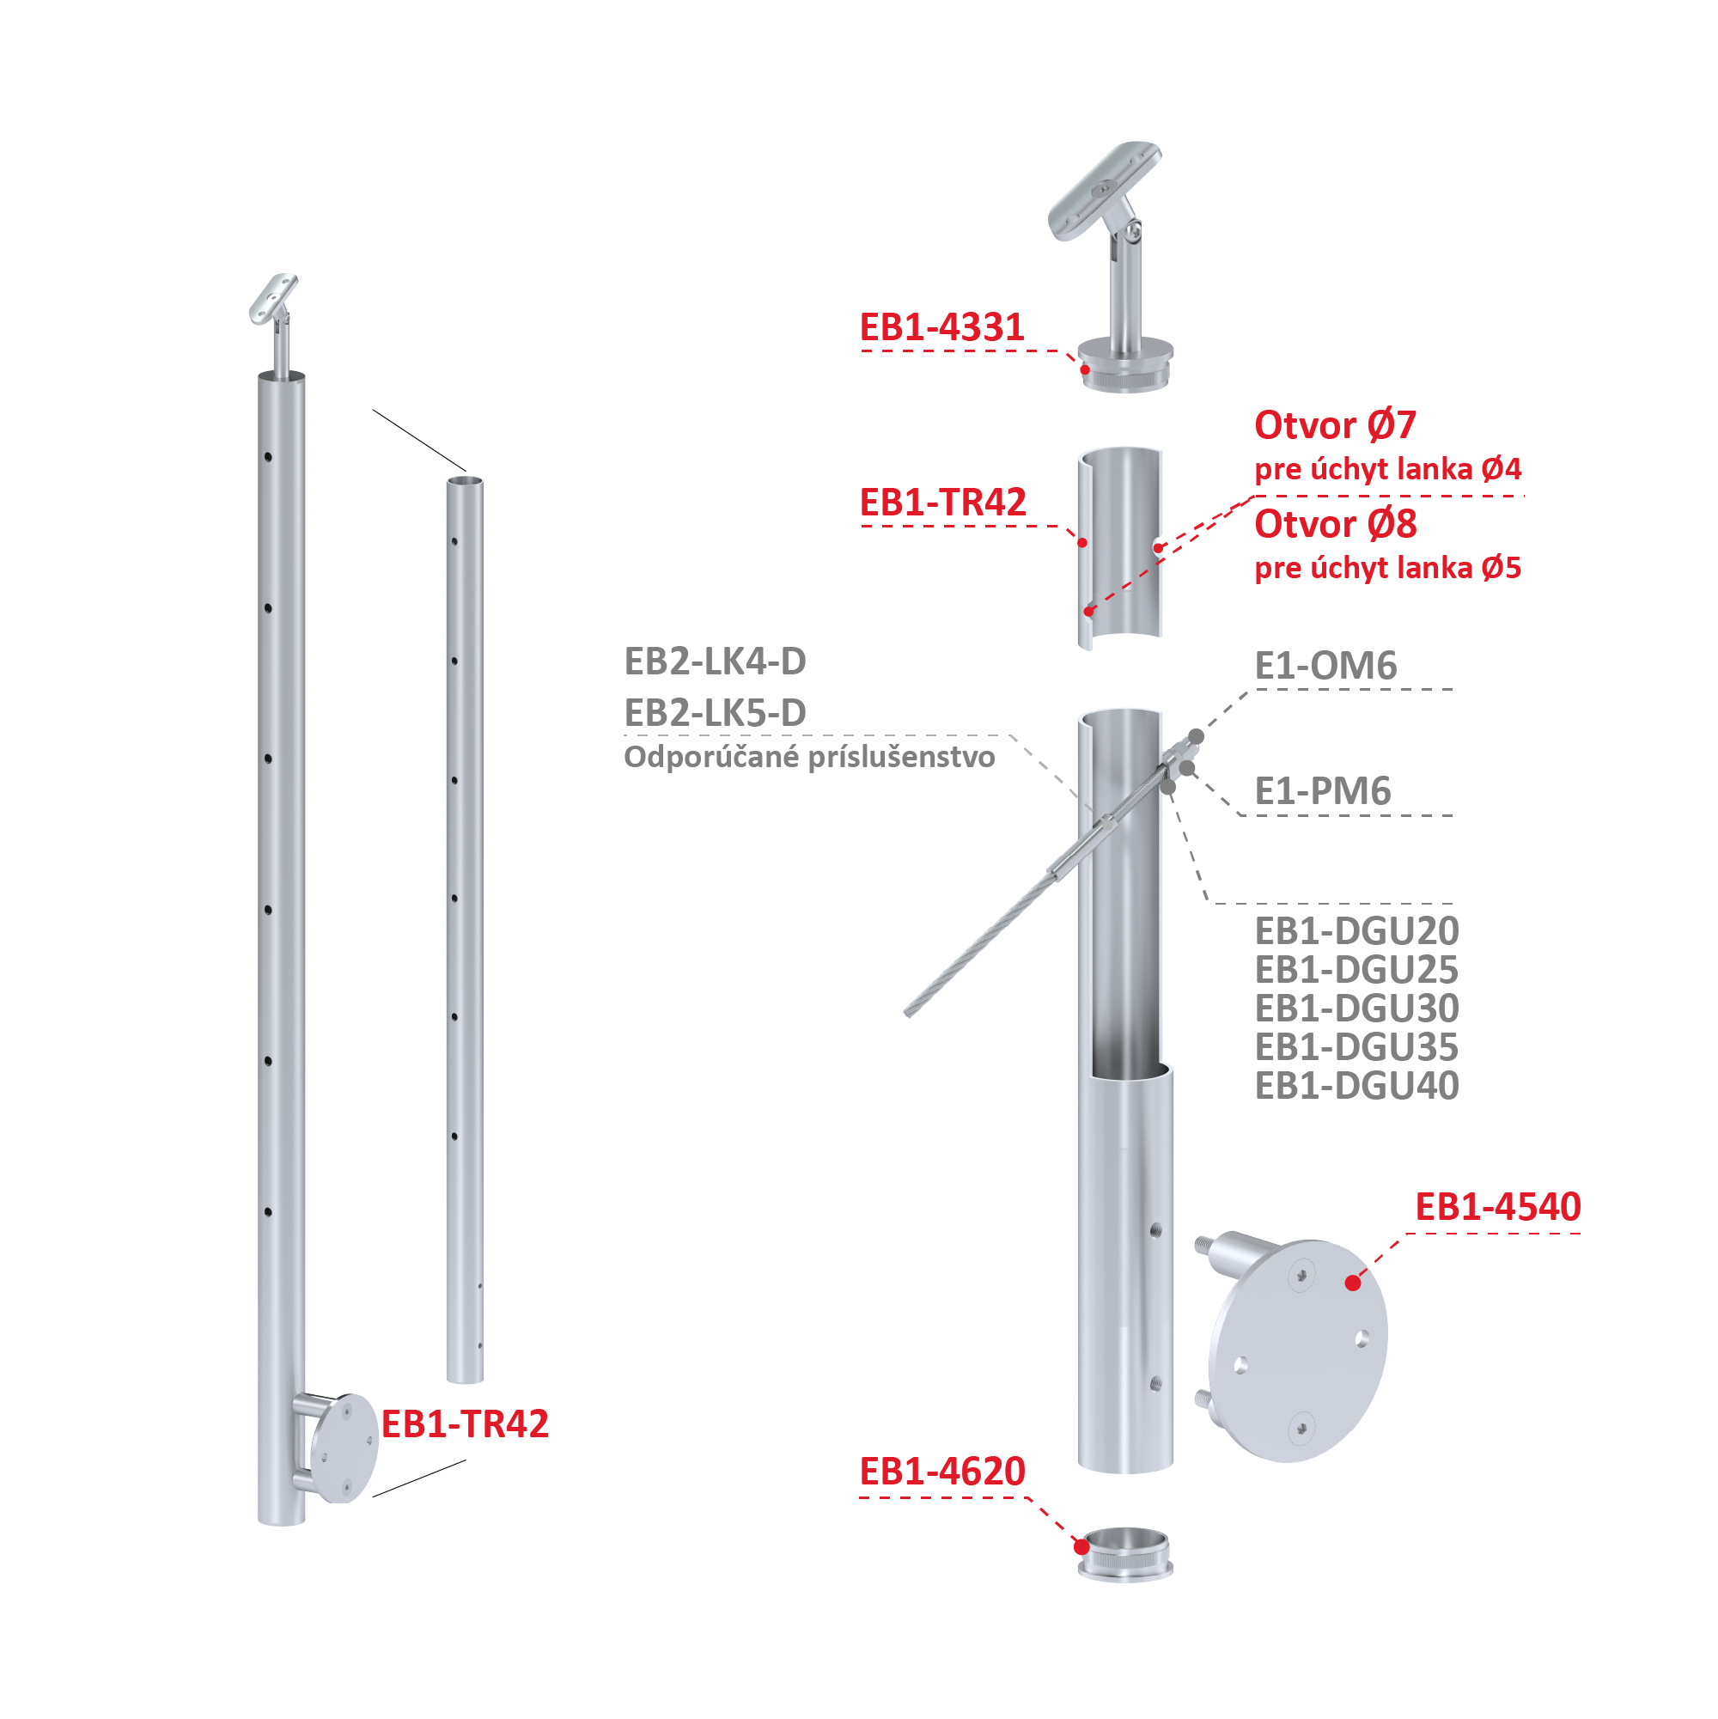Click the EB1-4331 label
point(941,327)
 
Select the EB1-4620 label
point(941,1471)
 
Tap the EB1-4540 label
point(1497,1206)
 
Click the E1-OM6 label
point(1325,666)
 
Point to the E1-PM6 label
point(1322,791)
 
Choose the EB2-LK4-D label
point(716,661)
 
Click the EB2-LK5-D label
point(716,713)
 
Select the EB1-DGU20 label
point(1356,930)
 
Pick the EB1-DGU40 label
point(1356,1086)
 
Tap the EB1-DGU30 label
point(1356,1008)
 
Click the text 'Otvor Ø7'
point(1335,425)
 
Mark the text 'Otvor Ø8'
point(1335,524)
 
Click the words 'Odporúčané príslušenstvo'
point(808,757)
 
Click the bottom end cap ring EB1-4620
point(1124,1554)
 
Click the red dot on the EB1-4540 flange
point(1352,1282)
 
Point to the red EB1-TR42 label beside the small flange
point(465,1423)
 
